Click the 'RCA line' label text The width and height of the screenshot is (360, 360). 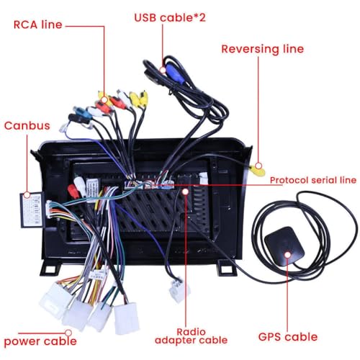click(x=38, y=24)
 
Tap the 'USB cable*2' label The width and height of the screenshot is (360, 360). click(x=170, y=17)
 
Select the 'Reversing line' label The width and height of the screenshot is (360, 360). click(x=263, y=49)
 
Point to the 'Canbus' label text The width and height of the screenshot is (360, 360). click(x=27, y=125)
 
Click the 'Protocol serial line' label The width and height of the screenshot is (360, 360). click(x=313, y=180)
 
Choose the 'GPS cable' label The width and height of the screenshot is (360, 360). click(x=288, y=337)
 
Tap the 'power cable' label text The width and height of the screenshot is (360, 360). click(x=40, y=341)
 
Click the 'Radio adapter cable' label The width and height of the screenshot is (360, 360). click(x=191, y=336)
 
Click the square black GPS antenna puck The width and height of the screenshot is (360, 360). click(x=284, y=246)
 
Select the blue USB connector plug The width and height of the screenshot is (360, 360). click(x=175, y=73)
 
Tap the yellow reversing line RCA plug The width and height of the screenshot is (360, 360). click(x=257, y=171)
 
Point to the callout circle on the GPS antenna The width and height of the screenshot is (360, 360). click(x=287, y=255)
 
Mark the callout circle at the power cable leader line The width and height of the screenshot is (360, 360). click(x=68, y=333)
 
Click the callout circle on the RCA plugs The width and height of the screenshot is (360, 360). click(x=104, y=99)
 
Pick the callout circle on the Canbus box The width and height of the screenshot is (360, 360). click(x=27, y=195)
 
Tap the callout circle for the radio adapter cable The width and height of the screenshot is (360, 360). click(x=185, y=192)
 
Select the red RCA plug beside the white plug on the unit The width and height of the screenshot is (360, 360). click(x=73, y=192)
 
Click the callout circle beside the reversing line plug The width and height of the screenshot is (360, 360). click(x=258, y=166)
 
